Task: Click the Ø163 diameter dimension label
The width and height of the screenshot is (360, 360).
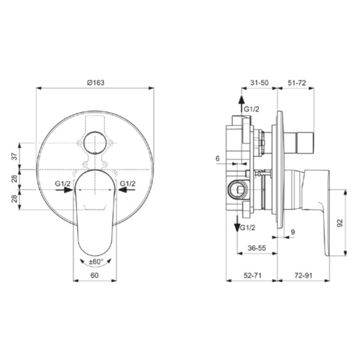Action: [x=95, y=83]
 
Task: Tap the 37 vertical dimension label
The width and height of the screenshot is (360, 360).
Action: [x=14, y=157]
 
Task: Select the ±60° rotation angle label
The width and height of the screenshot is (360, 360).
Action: [x=96, y=262]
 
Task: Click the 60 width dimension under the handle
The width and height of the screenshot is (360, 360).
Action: [x=95, y=275]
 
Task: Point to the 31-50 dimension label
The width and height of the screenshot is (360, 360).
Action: [x=259, y=83]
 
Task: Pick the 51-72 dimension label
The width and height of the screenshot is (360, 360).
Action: [x=297, y=83]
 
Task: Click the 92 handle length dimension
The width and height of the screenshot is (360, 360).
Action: [x=340, y=223]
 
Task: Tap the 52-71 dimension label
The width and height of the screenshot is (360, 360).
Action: [x=253, y=275]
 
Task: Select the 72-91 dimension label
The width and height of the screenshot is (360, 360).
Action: [x=304, y=275]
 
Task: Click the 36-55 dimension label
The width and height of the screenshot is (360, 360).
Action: [x=257, y=248]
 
